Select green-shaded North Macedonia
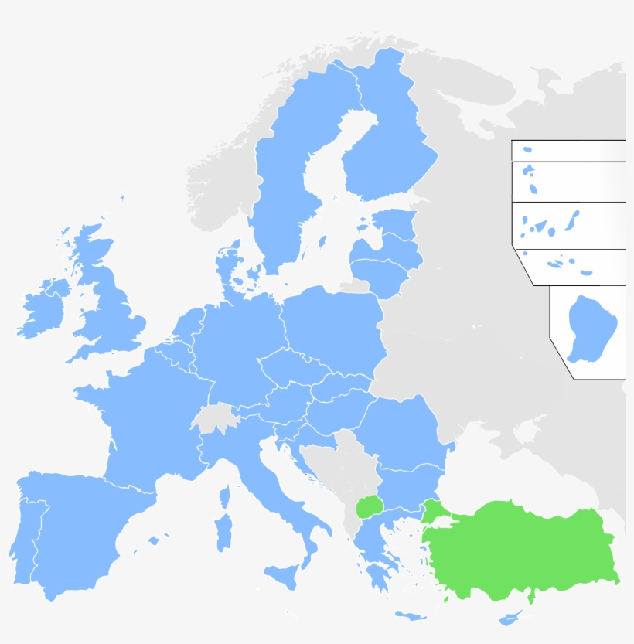point(370,508)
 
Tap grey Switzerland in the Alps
point(213,418)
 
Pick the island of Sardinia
point(223,533)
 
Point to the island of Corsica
point(225,496)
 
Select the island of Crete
point(411,616)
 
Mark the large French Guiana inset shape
point(591,329)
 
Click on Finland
point(387,147)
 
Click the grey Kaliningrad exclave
point(356,286)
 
